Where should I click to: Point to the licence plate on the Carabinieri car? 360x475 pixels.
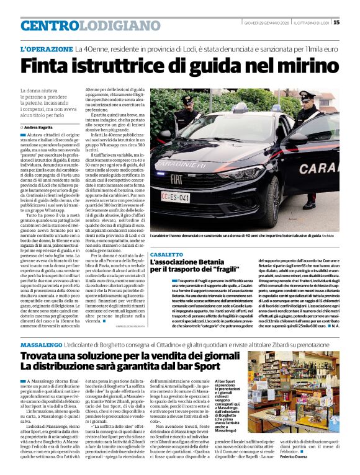[x=177, y=197]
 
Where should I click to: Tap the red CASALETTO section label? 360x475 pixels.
[x=166, y=255]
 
